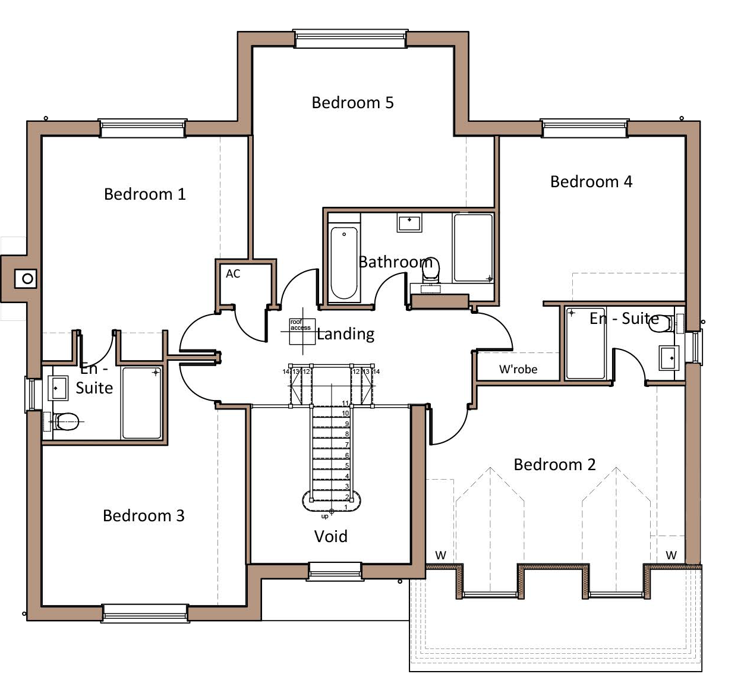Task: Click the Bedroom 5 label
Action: (x=352, y=103)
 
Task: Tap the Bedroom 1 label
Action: (x=144, y=194)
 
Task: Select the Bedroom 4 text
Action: (x=591, y=182)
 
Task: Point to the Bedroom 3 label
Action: (x=143, y=516)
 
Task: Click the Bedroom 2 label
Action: (x=554, y=465)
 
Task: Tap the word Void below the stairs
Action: (x=330, y=537)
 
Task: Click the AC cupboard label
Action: (x=233, y=274)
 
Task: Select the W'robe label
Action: (x=518, y=370)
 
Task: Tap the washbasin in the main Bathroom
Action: (x=409, y=223)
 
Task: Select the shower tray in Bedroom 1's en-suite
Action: (x=142, y=403)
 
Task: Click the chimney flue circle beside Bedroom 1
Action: (x=27, y=278)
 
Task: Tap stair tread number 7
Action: (x=330, y=445)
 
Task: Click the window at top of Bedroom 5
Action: (x=351, y=39)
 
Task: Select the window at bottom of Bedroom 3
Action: (x=145, y=613)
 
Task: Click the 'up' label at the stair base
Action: (x=324, y=516)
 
